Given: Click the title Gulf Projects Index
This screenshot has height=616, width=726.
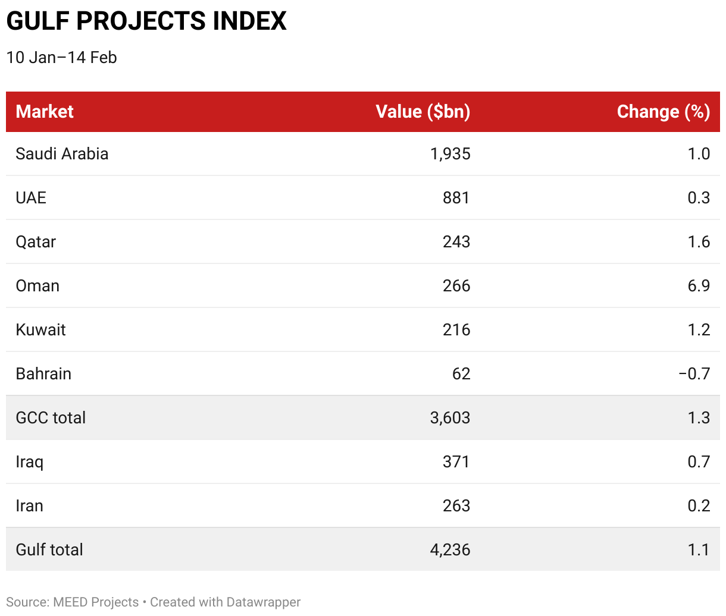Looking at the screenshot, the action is [x=146, y=21].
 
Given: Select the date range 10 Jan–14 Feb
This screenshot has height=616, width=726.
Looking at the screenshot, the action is [x=61, y=58].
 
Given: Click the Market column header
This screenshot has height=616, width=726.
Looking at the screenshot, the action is [x=45, y=112].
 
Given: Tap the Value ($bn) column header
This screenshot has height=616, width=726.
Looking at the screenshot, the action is [x=423, y=112].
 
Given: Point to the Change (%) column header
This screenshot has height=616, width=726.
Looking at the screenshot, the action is [x=664, y=112].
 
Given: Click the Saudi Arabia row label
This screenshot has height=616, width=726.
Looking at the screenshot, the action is [x=62, y=154].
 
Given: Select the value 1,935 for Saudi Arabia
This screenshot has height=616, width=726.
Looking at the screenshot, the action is [x=450, y=154].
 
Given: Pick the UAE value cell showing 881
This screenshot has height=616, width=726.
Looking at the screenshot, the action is [x=456, y=198].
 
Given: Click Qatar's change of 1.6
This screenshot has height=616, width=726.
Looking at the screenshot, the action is [x=699, y=242].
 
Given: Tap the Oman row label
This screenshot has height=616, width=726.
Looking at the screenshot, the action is [x=37, y=286].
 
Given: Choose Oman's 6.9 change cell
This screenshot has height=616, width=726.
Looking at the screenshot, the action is [x=699, y=286].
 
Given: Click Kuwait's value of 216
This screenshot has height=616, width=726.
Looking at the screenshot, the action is [x=456, y=330].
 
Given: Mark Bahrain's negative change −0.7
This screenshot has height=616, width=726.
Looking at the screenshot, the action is [x=694, y=374].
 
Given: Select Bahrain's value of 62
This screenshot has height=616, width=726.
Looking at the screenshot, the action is [x=461, y=374].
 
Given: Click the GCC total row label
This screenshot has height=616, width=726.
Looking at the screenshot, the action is [x=51, y=417].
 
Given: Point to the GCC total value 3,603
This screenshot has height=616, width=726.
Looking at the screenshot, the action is [x=450, y=418].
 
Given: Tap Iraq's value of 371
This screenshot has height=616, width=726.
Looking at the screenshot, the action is [x=456, y=462].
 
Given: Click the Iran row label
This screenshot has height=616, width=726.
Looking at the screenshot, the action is [x=30, y=506].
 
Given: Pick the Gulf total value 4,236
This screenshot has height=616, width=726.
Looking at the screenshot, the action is [x=450, y=550].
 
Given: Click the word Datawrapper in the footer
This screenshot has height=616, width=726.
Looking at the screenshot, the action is [x=264, y=602].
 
